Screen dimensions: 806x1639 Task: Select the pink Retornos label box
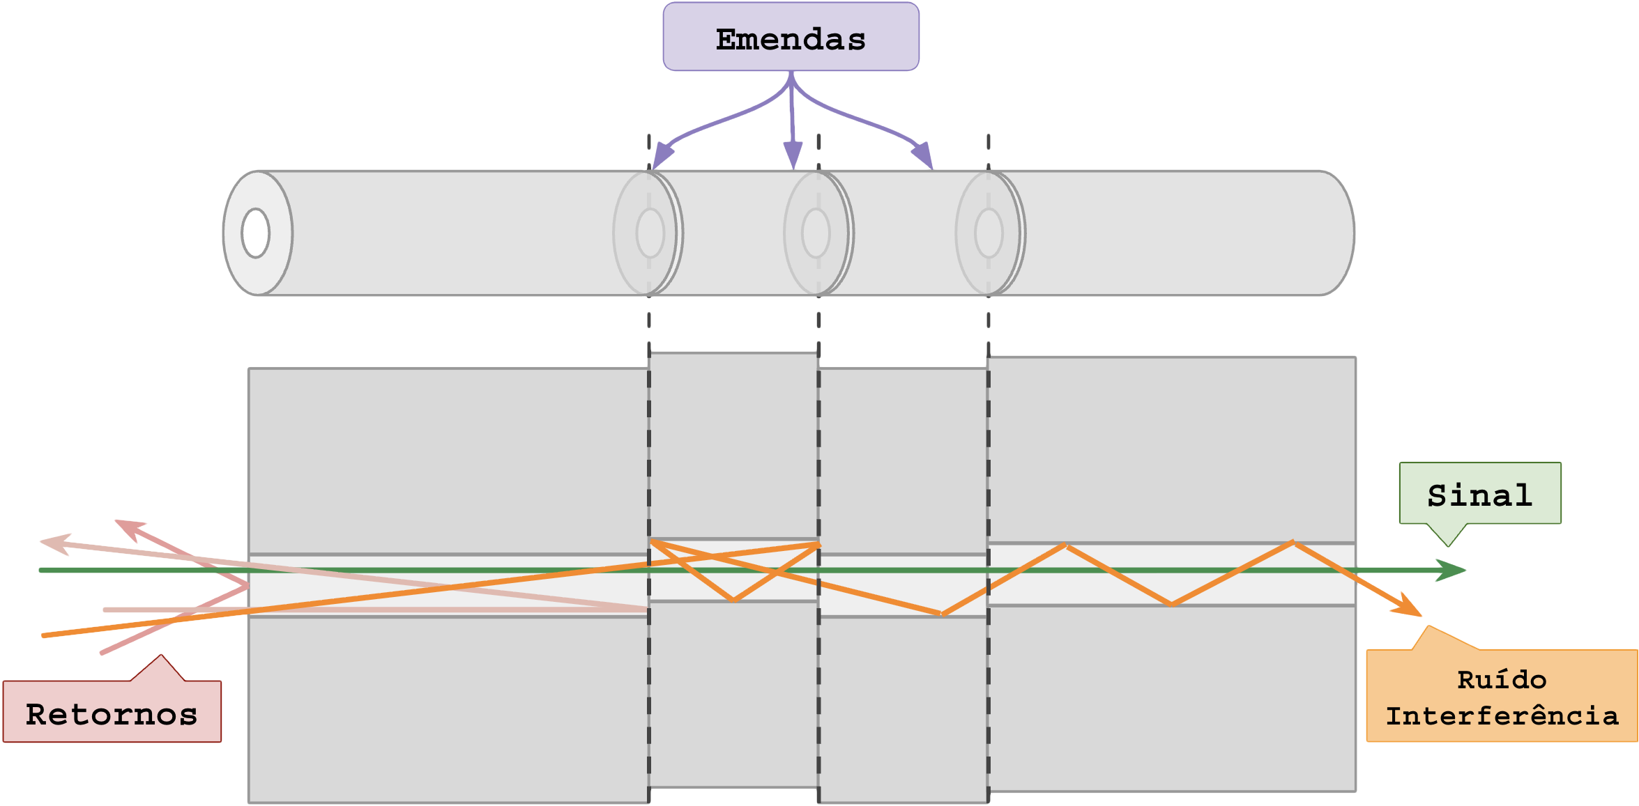[x=112, y=712]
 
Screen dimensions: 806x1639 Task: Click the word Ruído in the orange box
[x=1501, y=679]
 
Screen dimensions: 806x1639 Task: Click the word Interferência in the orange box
[x=1501, y=715]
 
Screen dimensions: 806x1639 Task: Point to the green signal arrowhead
[x=1454, y=570]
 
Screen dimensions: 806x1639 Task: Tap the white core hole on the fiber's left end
[x=256, y=233]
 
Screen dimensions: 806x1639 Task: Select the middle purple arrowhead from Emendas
[x=793, y=155]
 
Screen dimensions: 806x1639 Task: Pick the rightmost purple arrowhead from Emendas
[x=924, y=156]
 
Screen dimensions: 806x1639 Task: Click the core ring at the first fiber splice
[x=650, y=233]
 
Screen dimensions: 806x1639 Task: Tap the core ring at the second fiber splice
[x=816, y=233]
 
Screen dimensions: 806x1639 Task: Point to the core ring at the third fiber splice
[x=989, y=233]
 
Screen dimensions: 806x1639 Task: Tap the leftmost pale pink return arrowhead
[x=53, y=543]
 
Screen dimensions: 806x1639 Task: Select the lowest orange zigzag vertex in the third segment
[x=941, y=614]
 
